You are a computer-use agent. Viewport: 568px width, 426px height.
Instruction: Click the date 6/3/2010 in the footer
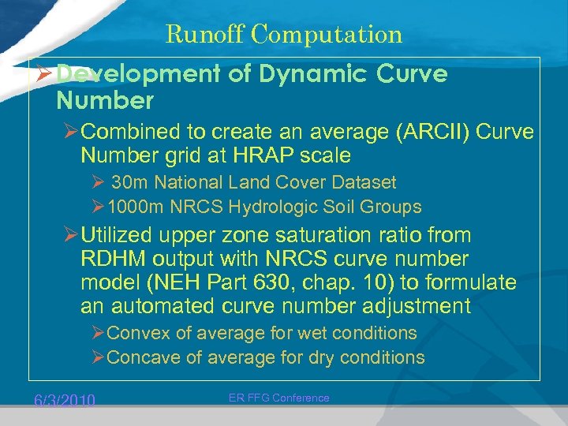[64, 401]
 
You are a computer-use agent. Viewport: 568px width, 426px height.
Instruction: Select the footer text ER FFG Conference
[279, 398]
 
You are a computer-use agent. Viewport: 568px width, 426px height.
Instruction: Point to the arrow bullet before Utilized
[71, 235]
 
